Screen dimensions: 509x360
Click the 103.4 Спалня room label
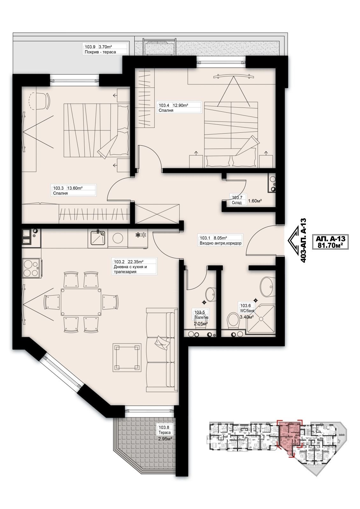point(180,108)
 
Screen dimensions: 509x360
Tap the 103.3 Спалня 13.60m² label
point(74,190)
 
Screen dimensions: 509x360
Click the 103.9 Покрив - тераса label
point(105,49)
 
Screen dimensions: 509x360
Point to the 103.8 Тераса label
point(165,430)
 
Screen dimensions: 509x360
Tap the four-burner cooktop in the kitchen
point(31,268)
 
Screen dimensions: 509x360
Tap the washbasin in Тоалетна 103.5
point(210,294)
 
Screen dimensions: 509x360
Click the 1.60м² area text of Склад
point(255,201)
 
